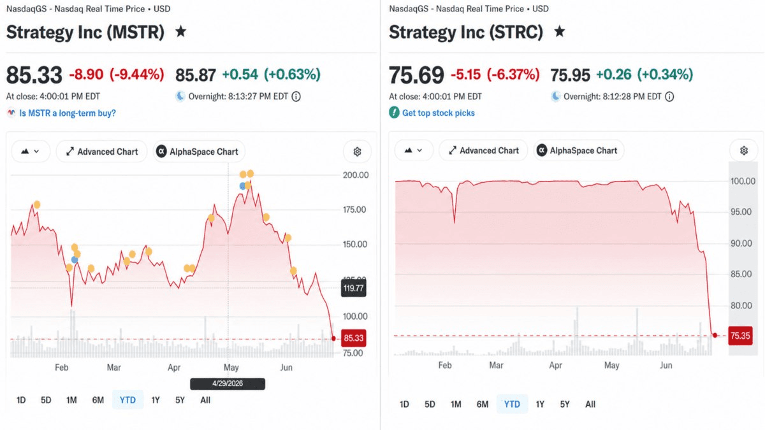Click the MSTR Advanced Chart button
point(102,152)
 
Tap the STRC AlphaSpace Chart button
point(579,150)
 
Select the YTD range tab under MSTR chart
point(127,400)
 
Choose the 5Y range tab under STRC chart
point(565,404)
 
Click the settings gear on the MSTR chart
point(357,152)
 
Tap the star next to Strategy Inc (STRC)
point(560,32)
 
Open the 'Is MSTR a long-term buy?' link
point(68,113)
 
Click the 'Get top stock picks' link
point(438,113)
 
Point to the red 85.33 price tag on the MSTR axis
point(353,338)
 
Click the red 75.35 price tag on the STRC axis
point(740,336)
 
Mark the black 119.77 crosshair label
point(353,289)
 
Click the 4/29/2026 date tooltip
point(228,383)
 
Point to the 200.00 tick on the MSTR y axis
point(356,175)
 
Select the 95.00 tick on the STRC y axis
point(741,212)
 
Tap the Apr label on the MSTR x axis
point(174,368)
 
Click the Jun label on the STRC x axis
point(666,366)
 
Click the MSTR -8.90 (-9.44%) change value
point(117,75)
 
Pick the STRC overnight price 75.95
point(570,75)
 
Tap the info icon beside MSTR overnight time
point(296,97)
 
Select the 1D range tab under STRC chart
point(404,404)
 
